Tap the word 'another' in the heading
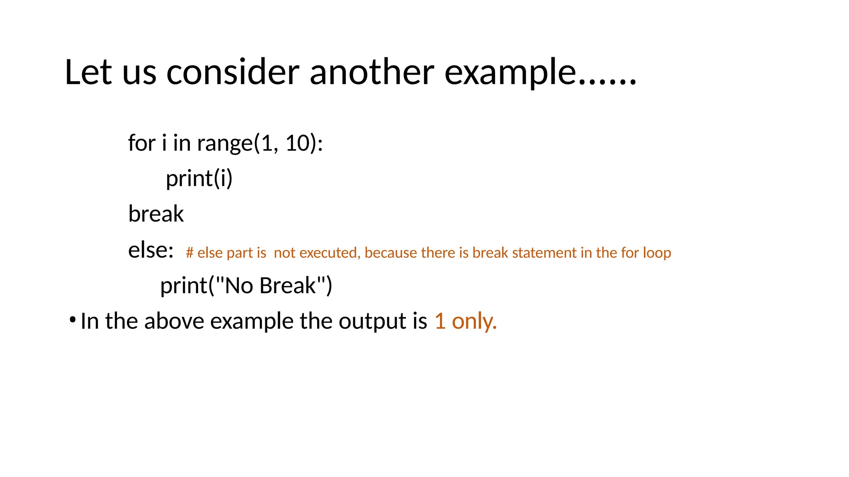[x=372, y=72]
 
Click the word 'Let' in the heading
[x=88, y=72]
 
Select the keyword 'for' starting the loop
[x=141, y=143]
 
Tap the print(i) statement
[x=199, y=179]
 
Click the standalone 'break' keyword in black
[x=156, y=214]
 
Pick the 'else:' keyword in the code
[x=150, y=250]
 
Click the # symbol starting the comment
[x=189, y=253]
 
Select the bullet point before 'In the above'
[x=73, y=320]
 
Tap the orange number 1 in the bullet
[x=440, y=321]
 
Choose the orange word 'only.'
[x=474, y=321]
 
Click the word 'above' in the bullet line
[x=174, y=321]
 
